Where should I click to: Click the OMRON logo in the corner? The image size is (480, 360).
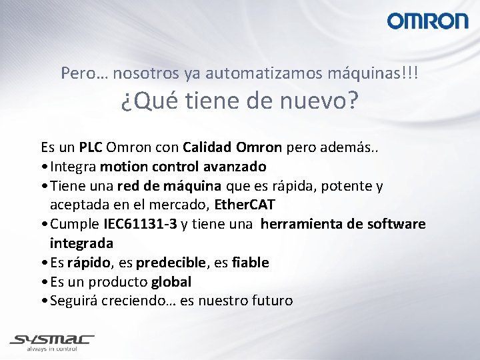[428, 21]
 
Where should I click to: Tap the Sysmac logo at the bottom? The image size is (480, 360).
[52, 339]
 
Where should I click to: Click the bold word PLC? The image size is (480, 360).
[91, 147]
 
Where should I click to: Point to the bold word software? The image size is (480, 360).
[397, 224]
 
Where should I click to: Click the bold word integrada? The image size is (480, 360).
[81, 243]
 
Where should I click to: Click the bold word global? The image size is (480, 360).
[171, 282]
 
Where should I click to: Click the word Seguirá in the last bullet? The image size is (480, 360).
[73, 301]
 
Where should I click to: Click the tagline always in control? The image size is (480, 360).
[52, 349]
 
